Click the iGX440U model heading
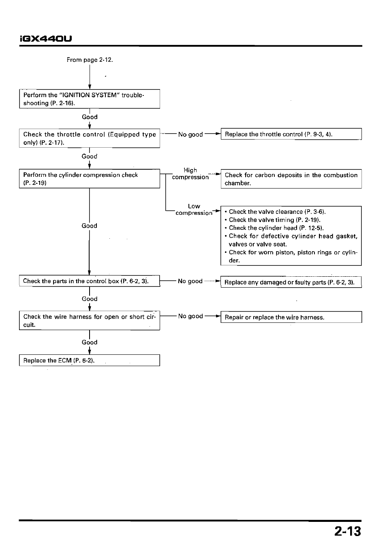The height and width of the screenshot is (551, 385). coord(46,38)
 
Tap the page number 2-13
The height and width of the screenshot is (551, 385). coord(348,531)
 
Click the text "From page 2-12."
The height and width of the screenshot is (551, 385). coord(90,60)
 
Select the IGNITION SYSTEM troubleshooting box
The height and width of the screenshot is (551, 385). coord(90,99)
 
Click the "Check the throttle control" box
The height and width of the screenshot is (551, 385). coord(90,138)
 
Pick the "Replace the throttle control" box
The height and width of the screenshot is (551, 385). coord(291,134)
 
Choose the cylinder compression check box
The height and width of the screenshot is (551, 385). coord(90,178)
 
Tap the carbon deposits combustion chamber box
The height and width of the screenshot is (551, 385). coord(291,179)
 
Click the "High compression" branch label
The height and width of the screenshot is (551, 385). coord(190,174)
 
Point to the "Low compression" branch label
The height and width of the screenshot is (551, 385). coord(194,210)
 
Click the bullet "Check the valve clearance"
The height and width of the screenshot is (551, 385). coord(275,212)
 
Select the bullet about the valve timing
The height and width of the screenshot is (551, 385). coord(272,220)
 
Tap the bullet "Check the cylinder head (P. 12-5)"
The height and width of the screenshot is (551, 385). coord(274,228)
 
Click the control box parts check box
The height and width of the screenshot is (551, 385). coord(90,281)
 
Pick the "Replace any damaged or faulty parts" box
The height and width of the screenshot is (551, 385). coord(291,282)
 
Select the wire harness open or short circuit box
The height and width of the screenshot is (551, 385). coord(90,320)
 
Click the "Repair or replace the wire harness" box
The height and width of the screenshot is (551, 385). coord(291,317)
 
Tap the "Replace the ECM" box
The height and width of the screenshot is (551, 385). coord(90,360)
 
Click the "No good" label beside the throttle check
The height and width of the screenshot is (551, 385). coord(190,134)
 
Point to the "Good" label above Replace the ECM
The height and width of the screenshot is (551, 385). coord(90,342)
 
